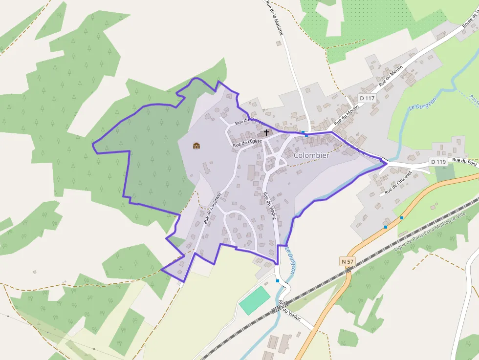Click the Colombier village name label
coord(311,155)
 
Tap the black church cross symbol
coord(266,132)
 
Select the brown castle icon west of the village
coord(196,145)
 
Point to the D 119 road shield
coord(438,161)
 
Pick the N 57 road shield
coord(348,262)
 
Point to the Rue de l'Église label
coord(247,142)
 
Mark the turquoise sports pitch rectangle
coord(255,300)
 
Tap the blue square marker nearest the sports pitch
coord(278,281)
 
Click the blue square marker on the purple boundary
coord(304,132)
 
